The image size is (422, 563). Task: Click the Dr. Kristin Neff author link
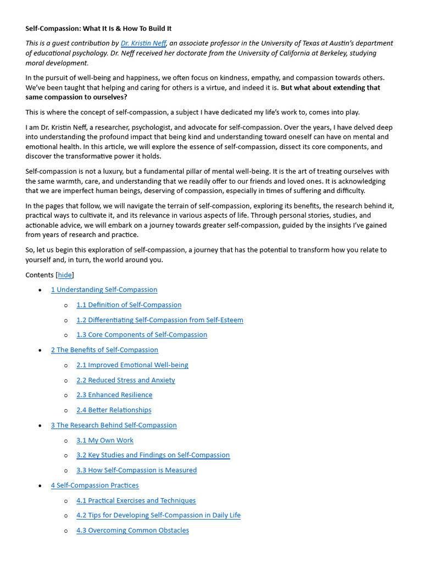point(143,43)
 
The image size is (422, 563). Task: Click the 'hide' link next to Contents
point(65,275)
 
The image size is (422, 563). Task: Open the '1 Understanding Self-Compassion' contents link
point(104,290)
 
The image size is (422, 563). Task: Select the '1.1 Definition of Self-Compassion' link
point(129,305)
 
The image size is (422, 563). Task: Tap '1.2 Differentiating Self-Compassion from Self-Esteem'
point(159,320)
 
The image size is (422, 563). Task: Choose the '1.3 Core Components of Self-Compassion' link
point(142,335)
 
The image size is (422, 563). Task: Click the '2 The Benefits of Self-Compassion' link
point(104,350)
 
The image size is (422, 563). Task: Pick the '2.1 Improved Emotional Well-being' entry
point(132,365)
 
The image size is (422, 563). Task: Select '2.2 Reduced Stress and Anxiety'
point(125,380)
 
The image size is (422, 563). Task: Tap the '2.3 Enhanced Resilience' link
point(114,395)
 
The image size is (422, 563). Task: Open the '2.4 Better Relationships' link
point(114,410)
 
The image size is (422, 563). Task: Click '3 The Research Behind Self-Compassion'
point(114,425)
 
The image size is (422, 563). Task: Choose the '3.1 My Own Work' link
point(104,440)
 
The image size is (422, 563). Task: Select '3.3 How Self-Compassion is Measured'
point(136,470)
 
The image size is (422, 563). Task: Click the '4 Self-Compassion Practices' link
point(95,485)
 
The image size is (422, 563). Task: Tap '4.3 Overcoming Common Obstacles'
point(132,531)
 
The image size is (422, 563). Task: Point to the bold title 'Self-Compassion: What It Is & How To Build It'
point(98,28)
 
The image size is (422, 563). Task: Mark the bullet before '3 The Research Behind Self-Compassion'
point(41,426)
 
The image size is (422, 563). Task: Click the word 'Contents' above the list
point(40,275)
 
